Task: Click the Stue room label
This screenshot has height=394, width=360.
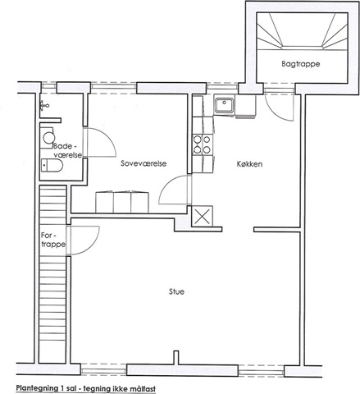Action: tap(176, 291)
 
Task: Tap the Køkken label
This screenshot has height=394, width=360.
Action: tap(249, 164)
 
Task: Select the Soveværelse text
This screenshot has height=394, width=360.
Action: tap(144, 163)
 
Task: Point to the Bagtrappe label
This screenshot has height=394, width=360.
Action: tap(301, 64)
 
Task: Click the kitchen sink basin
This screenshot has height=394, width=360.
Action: tap(225, 106)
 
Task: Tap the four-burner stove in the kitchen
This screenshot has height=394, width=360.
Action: tap(202, 144)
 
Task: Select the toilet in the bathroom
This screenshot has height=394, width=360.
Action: tap(52, 165)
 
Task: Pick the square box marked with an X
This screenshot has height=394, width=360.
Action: tap(202, 216)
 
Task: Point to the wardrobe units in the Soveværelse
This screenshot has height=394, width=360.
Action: tap(122, 203)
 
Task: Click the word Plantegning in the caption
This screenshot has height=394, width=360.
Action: tap(36, 388)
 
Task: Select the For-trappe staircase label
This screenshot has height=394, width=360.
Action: tap(53, 240)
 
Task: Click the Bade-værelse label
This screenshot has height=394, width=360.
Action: tap(67, 150)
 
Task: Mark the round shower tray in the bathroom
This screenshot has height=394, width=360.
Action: tap(48, 138)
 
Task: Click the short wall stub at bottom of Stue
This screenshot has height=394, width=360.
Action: tap(176, 358)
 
